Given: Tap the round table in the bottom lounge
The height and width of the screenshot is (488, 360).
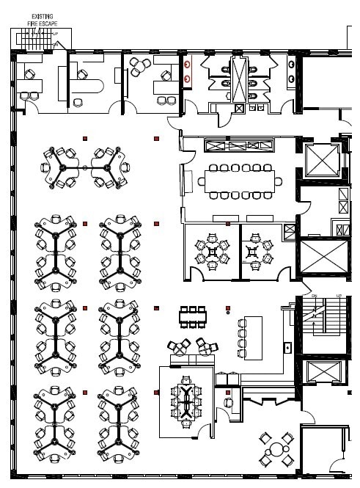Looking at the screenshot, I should (x=276, y=449).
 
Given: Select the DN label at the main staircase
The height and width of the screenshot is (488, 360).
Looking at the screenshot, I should (x=314, y=296).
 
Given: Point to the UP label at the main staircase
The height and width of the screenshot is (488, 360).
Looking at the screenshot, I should (x=338, y=296).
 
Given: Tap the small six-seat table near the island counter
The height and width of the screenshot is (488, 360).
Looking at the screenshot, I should (x=193, y=317).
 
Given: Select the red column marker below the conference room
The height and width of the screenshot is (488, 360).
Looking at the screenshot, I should (x=228, y=224).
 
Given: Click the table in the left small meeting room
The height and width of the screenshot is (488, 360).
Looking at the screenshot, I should (x=213, y=251).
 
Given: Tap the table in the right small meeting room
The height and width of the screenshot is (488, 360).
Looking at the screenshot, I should (x=256, y=251).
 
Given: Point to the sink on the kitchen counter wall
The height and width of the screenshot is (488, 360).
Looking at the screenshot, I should (x=287, y=347).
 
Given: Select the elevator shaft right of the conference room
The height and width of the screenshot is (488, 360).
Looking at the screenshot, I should (x=323, y=159).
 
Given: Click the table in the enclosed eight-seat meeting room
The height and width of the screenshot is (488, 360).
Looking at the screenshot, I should (x=186, y=401).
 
